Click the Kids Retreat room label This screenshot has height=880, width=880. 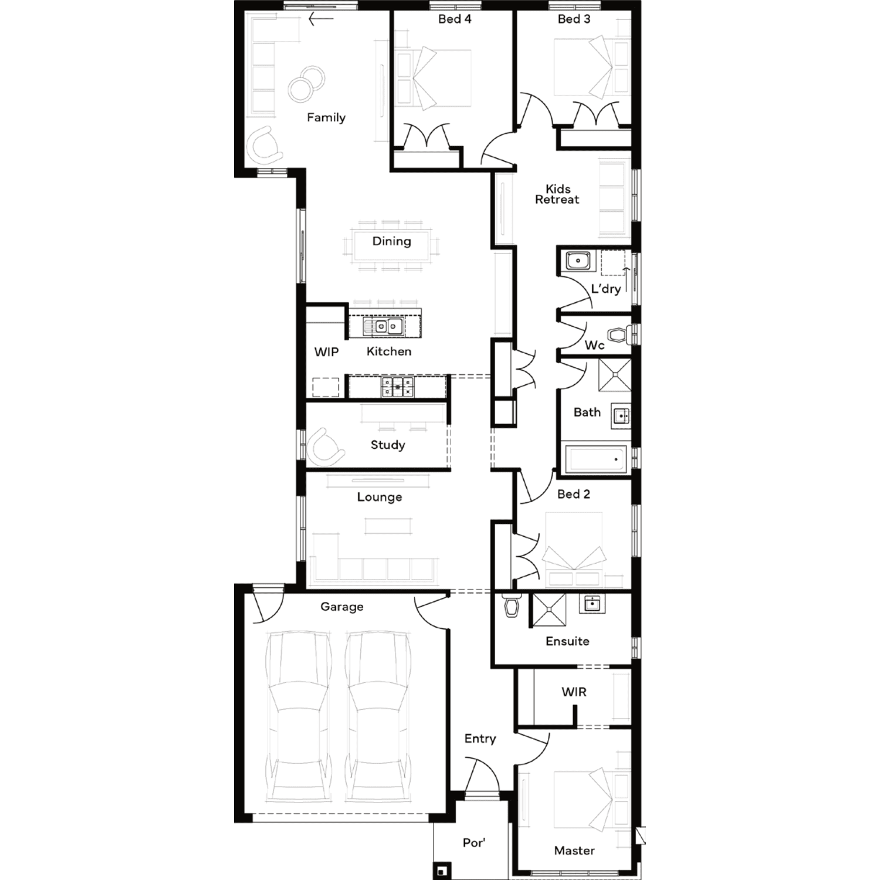pos(557,194)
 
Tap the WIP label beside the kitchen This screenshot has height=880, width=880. pos(326,352)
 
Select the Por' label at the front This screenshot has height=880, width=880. pos(474,842)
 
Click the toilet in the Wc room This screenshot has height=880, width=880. pos(619,336)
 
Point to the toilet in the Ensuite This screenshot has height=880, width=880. pos(512,605)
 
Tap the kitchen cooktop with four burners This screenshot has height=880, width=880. pos(397,386)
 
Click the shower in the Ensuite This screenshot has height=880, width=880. pos(549,611)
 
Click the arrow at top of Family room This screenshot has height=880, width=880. pos(321,19)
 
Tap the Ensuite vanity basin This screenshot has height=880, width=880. pos(593,603)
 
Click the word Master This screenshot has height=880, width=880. pos(574,850)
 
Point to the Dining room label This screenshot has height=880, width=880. pos(391,241)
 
